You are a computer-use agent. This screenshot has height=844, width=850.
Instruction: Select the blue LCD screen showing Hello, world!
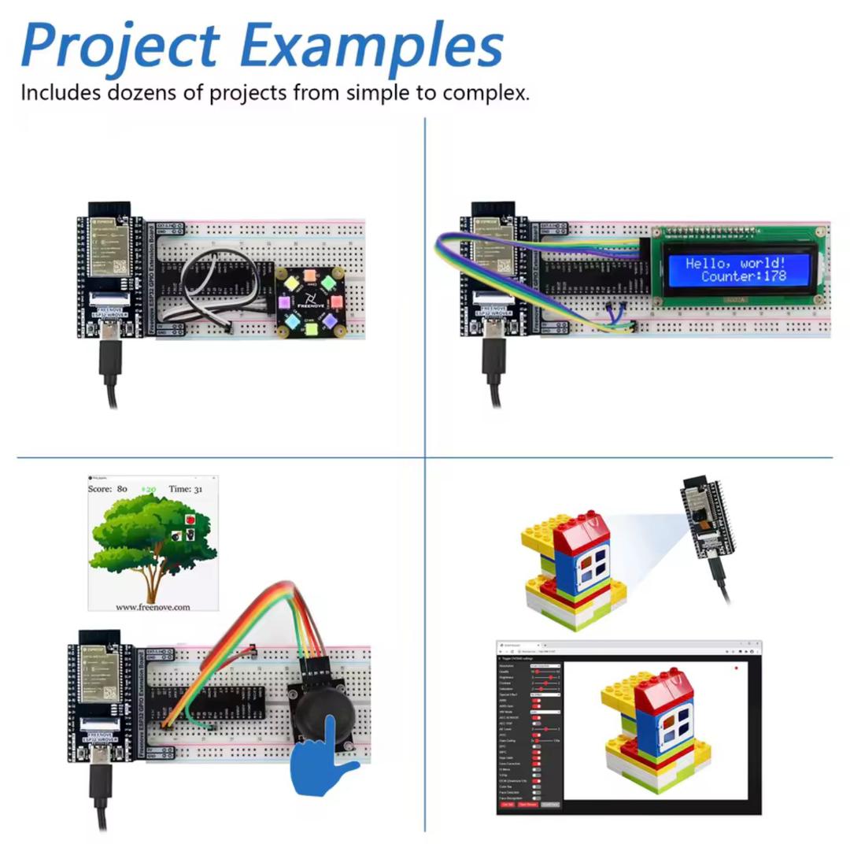(735, 269)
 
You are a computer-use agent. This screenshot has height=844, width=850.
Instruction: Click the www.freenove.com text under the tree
(153, 607)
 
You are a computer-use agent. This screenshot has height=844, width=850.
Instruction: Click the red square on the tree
(190, 520)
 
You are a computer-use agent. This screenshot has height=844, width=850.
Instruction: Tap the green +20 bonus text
(148, 489)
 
